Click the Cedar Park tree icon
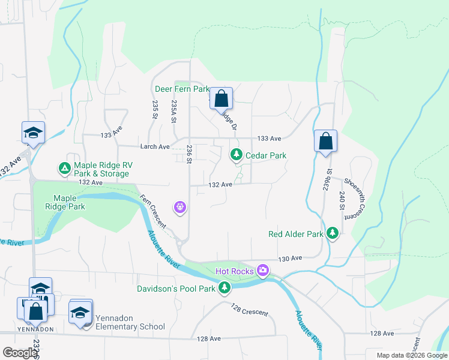pyautogui.click(x=237, y=155)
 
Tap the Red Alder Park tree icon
pyautogui.click(x=333, y=233)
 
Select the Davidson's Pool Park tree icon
pyautogui.click(x=224, y=289)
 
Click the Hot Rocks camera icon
pyautogui.click(x=262, y=271)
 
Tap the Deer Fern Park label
pyautogui.click(x=182, y=89)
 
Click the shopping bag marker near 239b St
pyautogui.click(x=325, y=142)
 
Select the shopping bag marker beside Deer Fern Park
pyautogui.click(x=221, y=98)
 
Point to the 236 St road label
pyautogui.click(x=189, y=154)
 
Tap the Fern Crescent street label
pyautogui.click(x=153, y=211)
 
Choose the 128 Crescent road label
pyautogui.click(x=250, y=310)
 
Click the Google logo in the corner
pyautogui.click(x=20, y=353)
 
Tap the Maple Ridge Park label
pyautogui.click(x=69, y=202)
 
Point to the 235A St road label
pyautogui.click(x=173, y=112)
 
